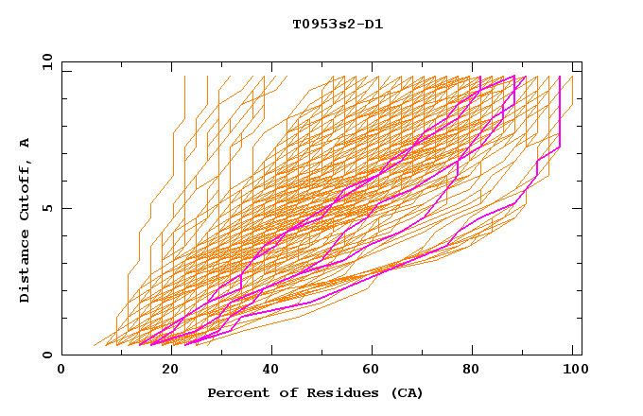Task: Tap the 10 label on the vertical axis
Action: click(44, 61)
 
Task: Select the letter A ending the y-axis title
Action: click(25, 143)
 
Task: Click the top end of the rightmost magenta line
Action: click(560, 77)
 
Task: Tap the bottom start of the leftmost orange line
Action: click(93, 346)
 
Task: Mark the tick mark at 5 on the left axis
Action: click(65, 208)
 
